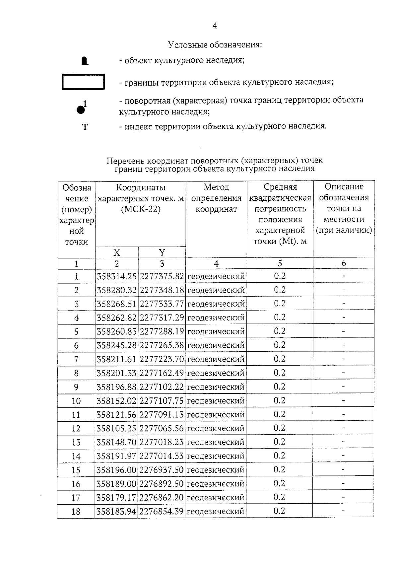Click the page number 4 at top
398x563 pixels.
click(x=215, y=26)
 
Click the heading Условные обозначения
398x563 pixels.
click(x=215, y=44)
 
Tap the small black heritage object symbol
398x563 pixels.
click(x=85, y=61)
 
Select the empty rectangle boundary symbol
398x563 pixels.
click(x=83, y=82)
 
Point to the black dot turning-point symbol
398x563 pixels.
click(x=80, y=109)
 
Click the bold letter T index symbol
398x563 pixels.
click(x=85, y=127)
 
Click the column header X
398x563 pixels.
click(x=116, y=253)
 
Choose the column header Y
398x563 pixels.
click(x=162, y=253)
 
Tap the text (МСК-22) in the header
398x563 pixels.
click(x=141, y=210)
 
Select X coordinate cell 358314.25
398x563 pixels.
click(x=116, y=276)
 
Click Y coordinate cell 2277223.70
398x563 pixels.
click(x=162, y=359)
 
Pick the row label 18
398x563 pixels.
click(x=76, y=512)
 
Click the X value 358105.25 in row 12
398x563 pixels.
click(x=116, y=428)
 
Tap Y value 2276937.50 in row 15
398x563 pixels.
click(x=162, y=470)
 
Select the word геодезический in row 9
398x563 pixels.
click(x=216, y=387)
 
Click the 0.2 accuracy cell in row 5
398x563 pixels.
click(x=280, y=331)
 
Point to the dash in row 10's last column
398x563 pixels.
click(x=343, y=401)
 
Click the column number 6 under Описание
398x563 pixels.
click(x=344, y=263)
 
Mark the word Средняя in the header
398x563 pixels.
click(x=280, y=187)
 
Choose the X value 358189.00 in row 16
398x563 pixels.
click(x=116, y=484)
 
